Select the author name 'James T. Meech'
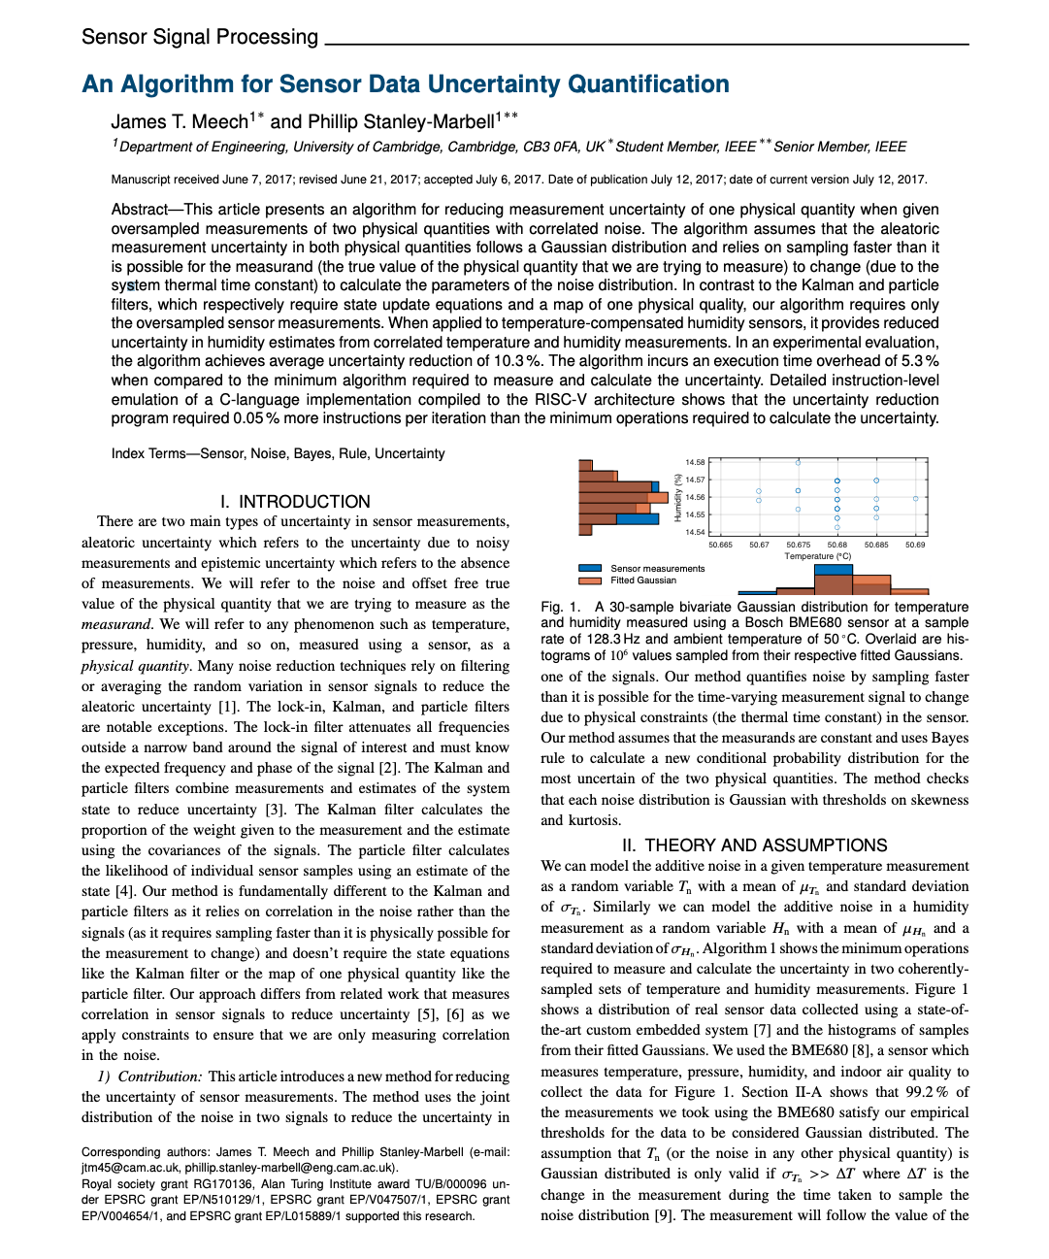(180, 121)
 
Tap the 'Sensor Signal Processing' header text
(200, 37)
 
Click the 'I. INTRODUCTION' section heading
(295, 501)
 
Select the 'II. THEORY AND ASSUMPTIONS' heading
(754, 845)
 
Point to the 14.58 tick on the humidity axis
(695, 462)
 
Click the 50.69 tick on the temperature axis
(915, 545)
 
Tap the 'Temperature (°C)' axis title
(817, 556)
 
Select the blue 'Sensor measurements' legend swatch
(590, 568)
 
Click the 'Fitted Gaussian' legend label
(642, 580)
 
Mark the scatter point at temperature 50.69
(915, 499)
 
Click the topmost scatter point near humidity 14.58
(798, 463)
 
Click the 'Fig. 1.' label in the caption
(560, 607)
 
